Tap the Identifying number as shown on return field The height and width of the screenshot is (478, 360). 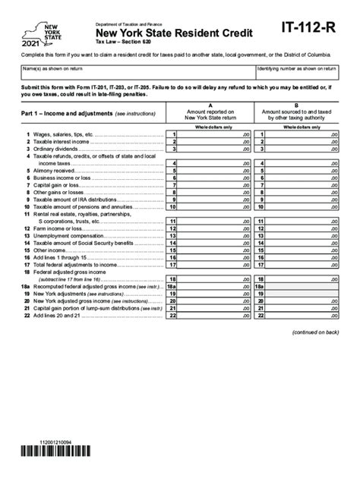point(297,73)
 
